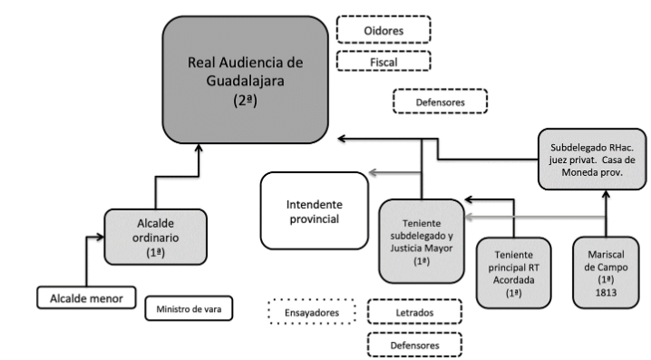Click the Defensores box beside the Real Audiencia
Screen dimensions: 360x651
coord(440,102)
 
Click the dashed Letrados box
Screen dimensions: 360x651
coord(413,312)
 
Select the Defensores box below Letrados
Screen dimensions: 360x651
coord(413,345)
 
